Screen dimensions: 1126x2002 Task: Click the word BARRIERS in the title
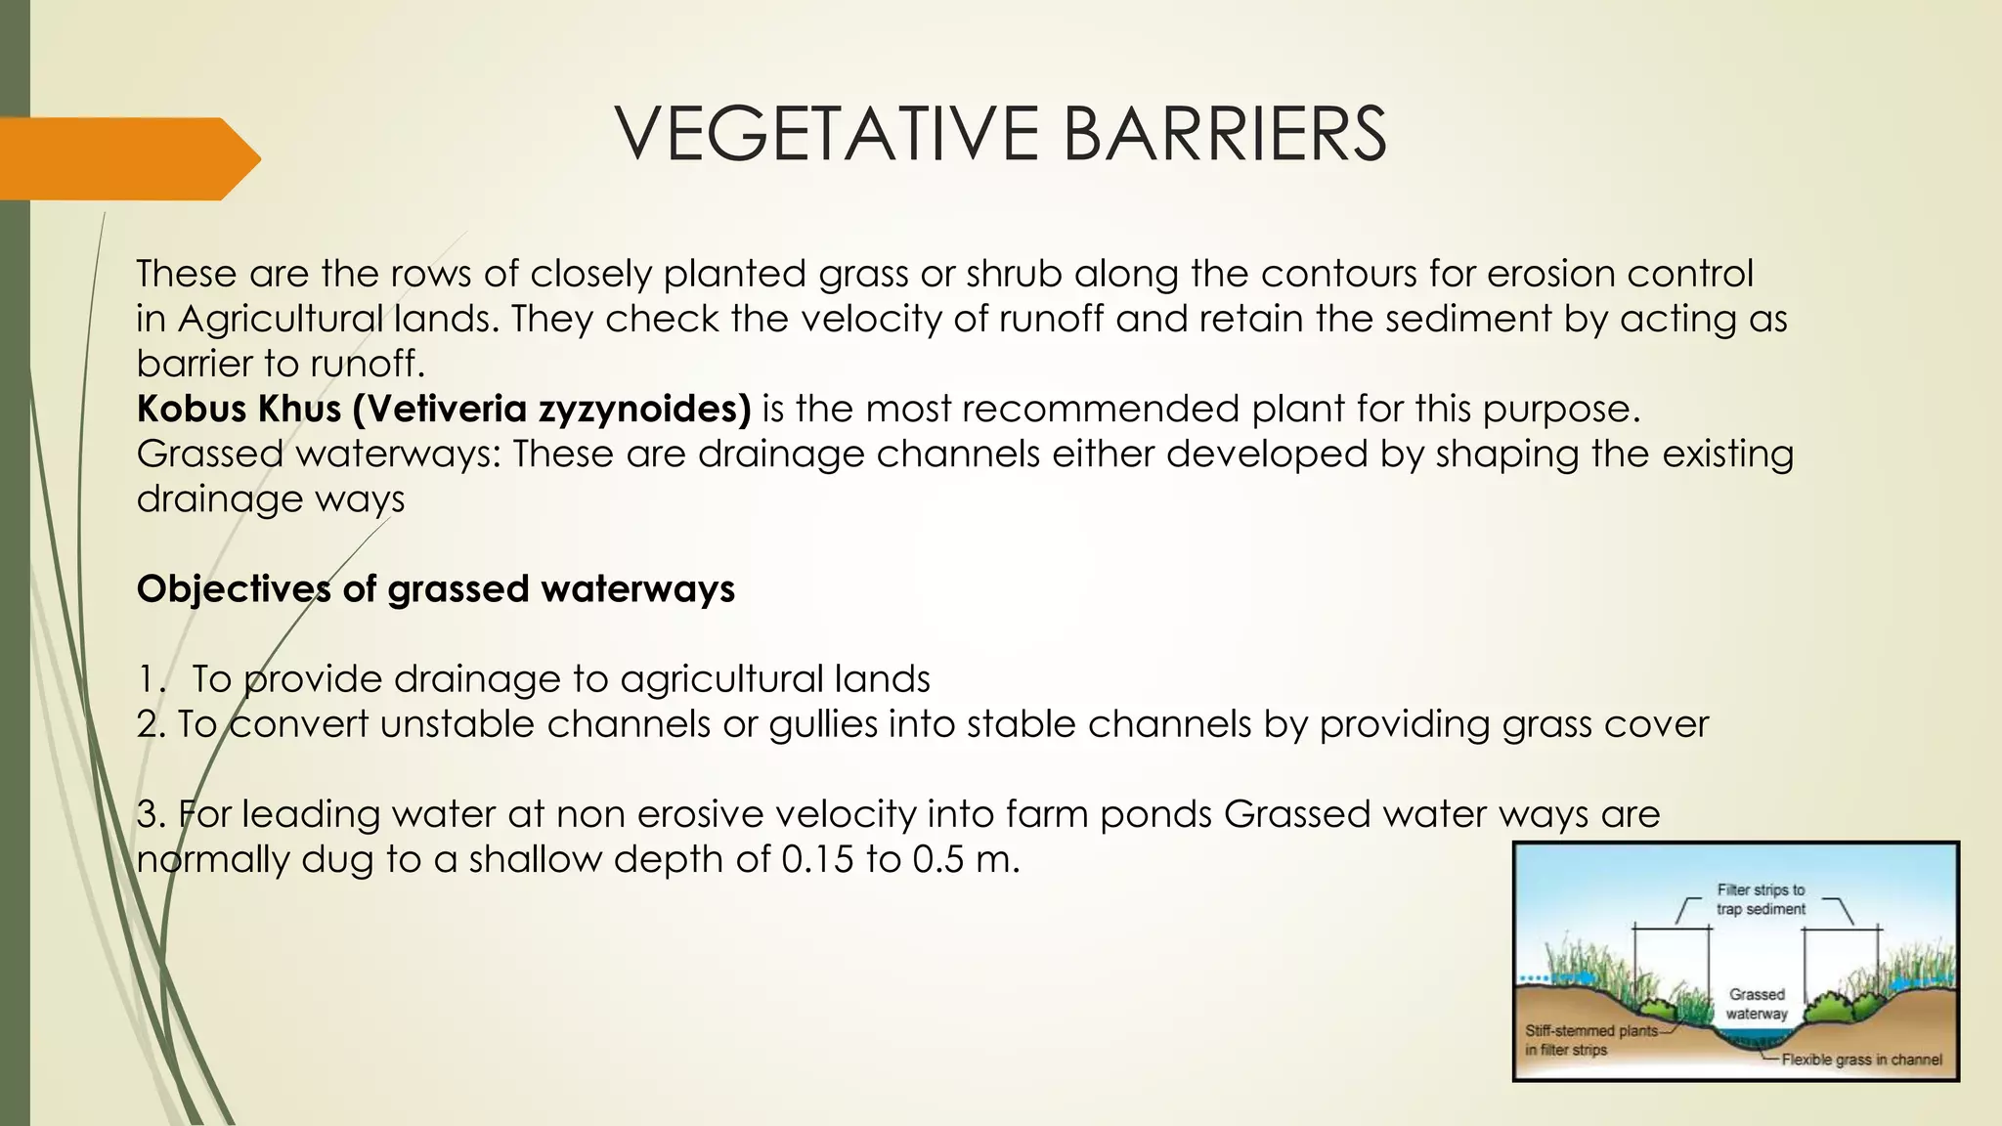(1224, 134)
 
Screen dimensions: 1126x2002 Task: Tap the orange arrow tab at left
(127, 158)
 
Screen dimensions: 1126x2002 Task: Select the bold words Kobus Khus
(239, 409)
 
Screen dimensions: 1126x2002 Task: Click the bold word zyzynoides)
(645, 409)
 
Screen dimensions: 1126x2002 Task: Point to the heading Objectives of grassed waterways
(436, 589)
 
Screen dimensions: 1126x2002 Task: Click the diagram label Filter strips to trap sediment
(1761, 899)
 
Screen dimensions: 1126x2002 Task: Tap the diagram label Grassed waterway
(1757, 1004)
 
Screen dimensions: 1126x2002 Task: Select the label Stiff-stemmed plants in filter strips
(1590, 1040)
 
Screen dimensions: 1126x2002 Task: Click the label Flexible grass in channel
(1861, 1060)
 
